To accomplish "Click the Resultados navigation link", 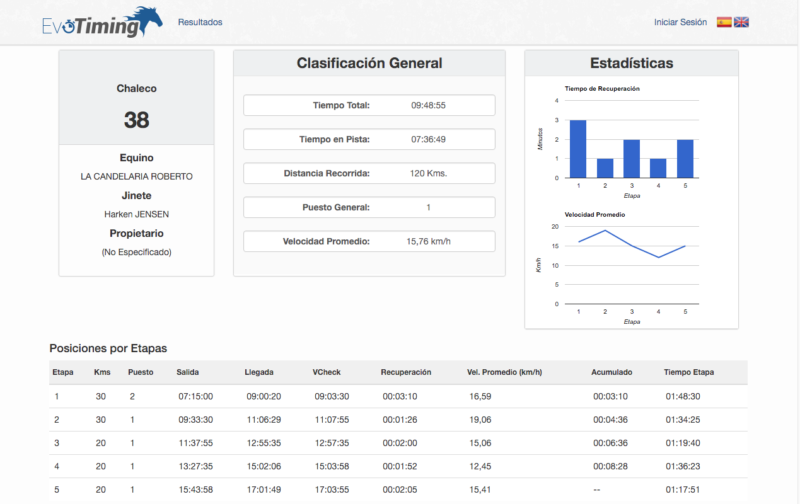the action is pyautogui.click(x=200, y=22).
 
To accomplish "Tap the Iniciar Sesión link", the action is pyautogui.click(x=680, y=22).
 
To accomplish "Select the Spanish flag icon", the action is pyautogui.click(x=724, y=22).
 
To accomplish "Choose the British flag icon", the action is pyautogui.click(x=741, y=22).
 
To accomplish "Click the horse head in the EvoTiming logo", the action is pyautogui.click(x=146, y=20).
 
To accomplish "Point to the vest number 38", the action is pyautogui.click(x=136, y=120).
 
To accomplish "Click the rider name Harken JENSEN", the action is pyautogui.click(x=136, y=214).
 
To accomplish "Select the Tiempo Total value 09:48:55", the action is pyautogui.click(x=428, y=105).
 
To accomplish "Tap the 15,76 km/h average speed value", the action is pyautogui.click(x=428, y=241).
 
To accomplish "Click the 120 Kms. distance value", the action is pyautogui.click(x=428, y=173).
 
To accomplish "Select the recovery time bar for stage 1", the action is pyautogui.click(x=578, y=149).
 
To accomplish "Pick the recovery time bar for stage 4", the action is pyautogui.click(x=658, y=168).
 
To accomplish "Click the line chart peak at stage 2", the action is pyautogui.click(x=605, y=231).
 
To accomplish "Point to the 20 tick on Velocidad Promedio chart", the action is pyautogui.click(x=555, y=226).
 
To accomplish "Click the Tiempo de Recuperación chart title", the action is pyautogui.click(x=602, y=89).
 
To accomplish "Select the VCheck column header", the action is pyautogui.click(x=327, y=372).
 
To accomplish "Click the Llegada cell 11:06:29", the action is pyautogui.click(x=264, y=420).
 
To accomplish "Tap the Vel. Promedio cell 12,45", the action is pyautogui.click(x=480, y=466).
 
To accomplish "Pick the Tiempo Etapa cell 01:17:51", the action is pyautogui.click(x=683, y=490).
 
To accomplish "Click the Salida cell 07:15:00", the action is pyautogui.click(x=195, y=396).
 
